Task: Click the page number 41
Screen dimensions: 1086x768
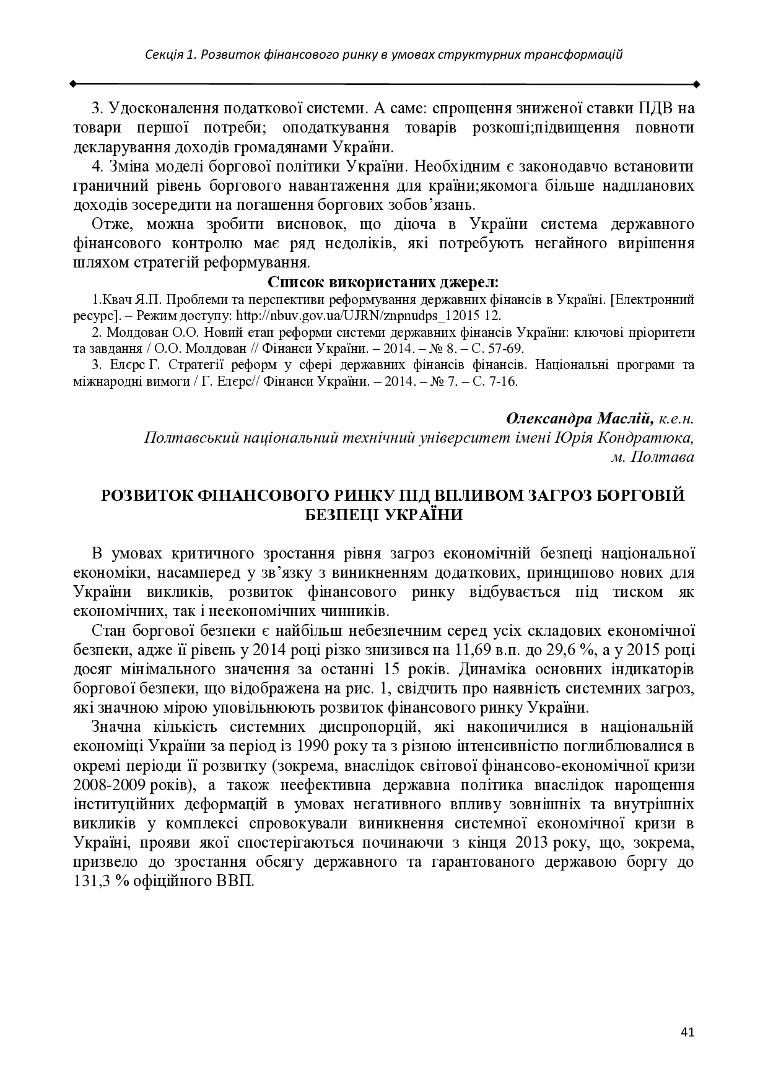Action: click(687, 1032)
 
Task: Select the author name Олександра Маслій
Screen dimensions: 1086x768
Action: click(579, 419)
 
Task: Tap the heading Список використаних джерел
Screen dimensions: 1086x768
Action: click(383, 283)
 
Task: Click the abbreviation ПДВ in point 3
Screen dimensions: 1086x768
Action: click(655, 108)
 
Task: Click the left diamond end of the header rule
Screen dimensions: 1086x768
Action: click(73, 83)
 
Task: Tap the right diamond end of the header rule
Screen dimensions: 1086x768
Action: click(696, 83)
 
